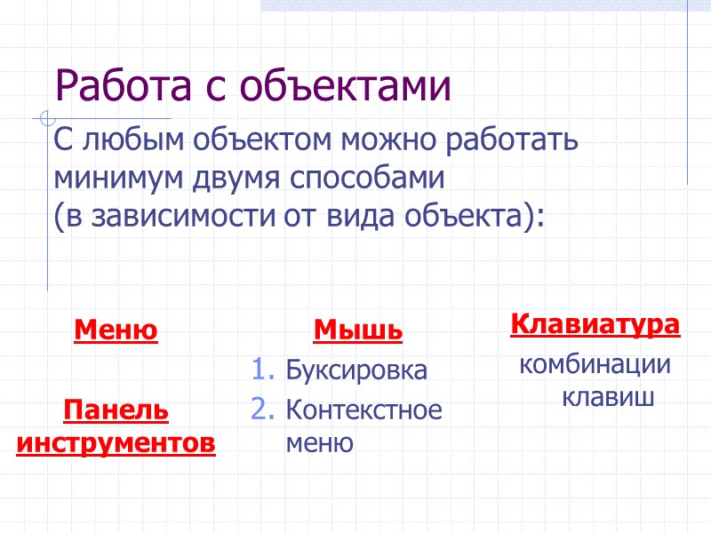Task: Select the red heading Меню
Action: click(x=116, y=331)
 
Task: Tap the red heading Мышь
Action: click(x=358, y=331)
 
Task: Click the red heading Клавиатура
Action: click(x=595, y=324)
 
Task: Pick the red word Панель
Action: click(x=116, y=410)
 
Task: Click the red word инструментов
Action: click(x=116, y=442)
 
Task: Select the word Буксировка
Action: click(x=356, y=370)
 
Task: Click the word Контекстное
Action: click(x=363, y=410)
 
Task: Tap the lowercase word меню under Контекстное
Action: click(x=319, y=442)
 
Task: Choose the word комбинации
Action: click(x=595, y=365)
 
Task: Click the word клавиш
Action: click(x=609, y=397)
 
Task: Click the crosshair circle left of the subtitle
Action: click(x=46, y=117)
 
